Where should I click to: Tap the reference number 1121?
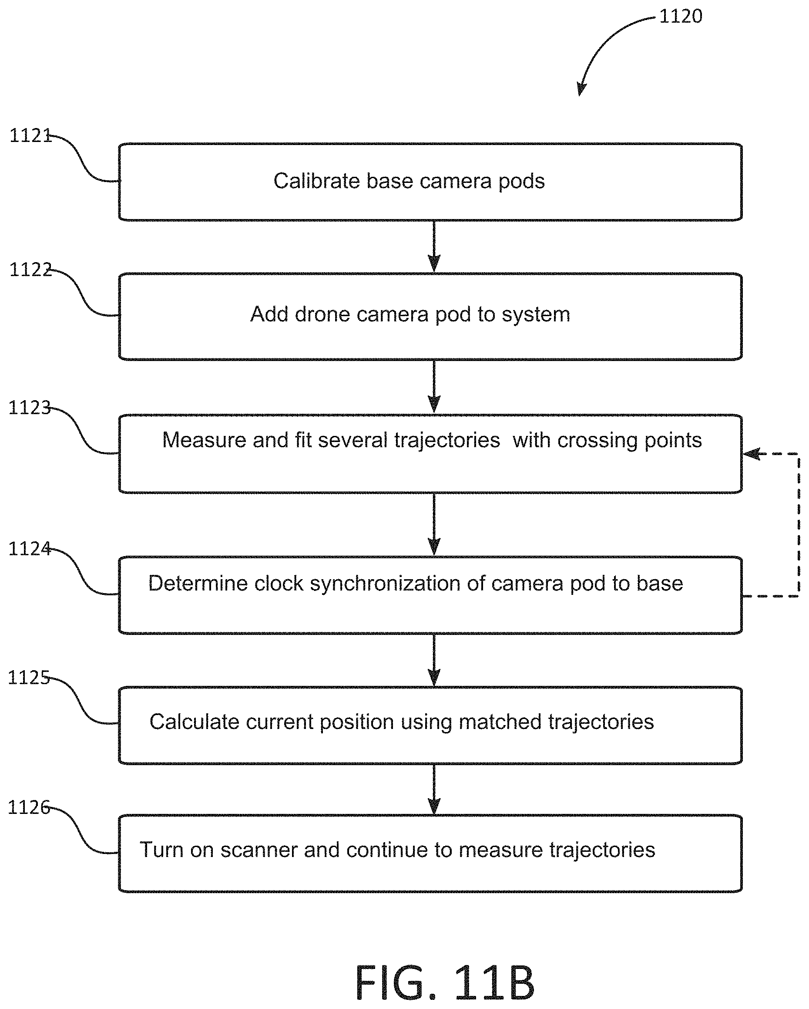pos(30,136)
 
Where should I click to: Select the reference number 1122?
pos(30,270)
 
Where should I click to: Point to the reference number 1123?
pos(30,408)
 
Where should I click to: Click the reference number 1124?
pos(30,549)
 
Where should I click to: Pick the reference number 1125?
pos(29,678)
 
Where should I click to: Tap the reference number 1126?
pos(29,807)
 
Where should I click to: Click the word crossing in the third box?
pos(597,441)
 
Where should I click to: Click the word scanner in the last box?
pos(258,850)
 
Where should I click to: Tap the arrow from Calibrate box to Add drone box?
pos(434,246)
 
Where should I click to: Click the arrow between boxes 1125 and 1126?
pos(434,790)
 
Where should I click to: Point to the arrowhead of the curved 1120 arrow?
pos(581,89)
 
